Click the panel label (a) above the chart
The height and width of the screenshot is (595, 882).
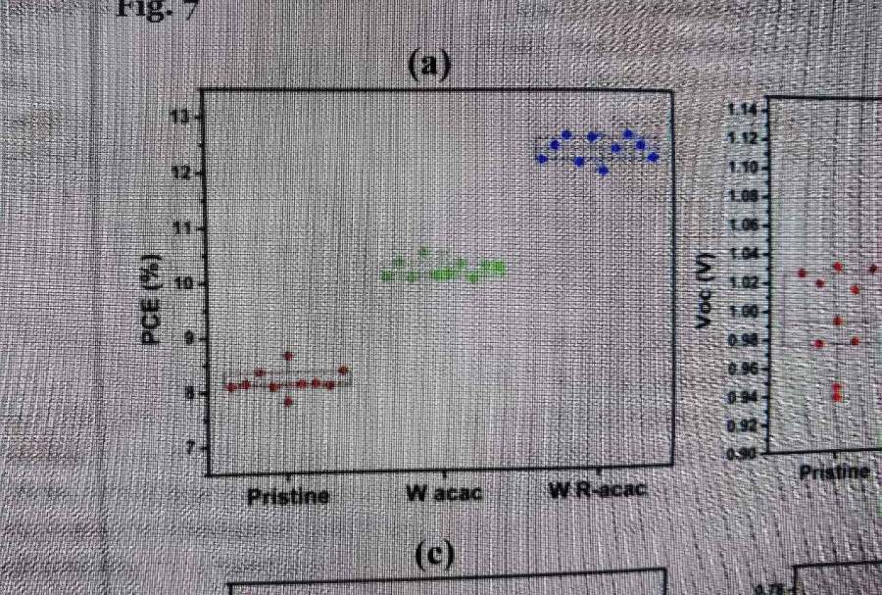[x=427, y=65]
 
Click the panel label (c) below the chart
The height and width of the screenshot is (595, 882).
[x=432, y=555]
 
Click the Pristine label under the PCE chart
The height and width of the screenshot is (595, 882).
[x=287, y=496]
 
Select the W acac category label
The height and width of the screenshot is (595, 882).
[x=444, y=492]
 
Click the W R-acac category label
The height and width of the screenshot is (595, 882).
[x=596, y=489]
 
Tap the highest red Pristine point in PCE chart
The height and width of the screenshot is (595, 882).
[x=288, y=356]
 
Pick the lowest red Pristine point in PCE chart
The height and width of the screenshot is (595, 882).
[x=288, y=401]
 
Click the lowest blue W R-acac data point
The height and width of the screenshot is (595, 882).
[x=604, y=171]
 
